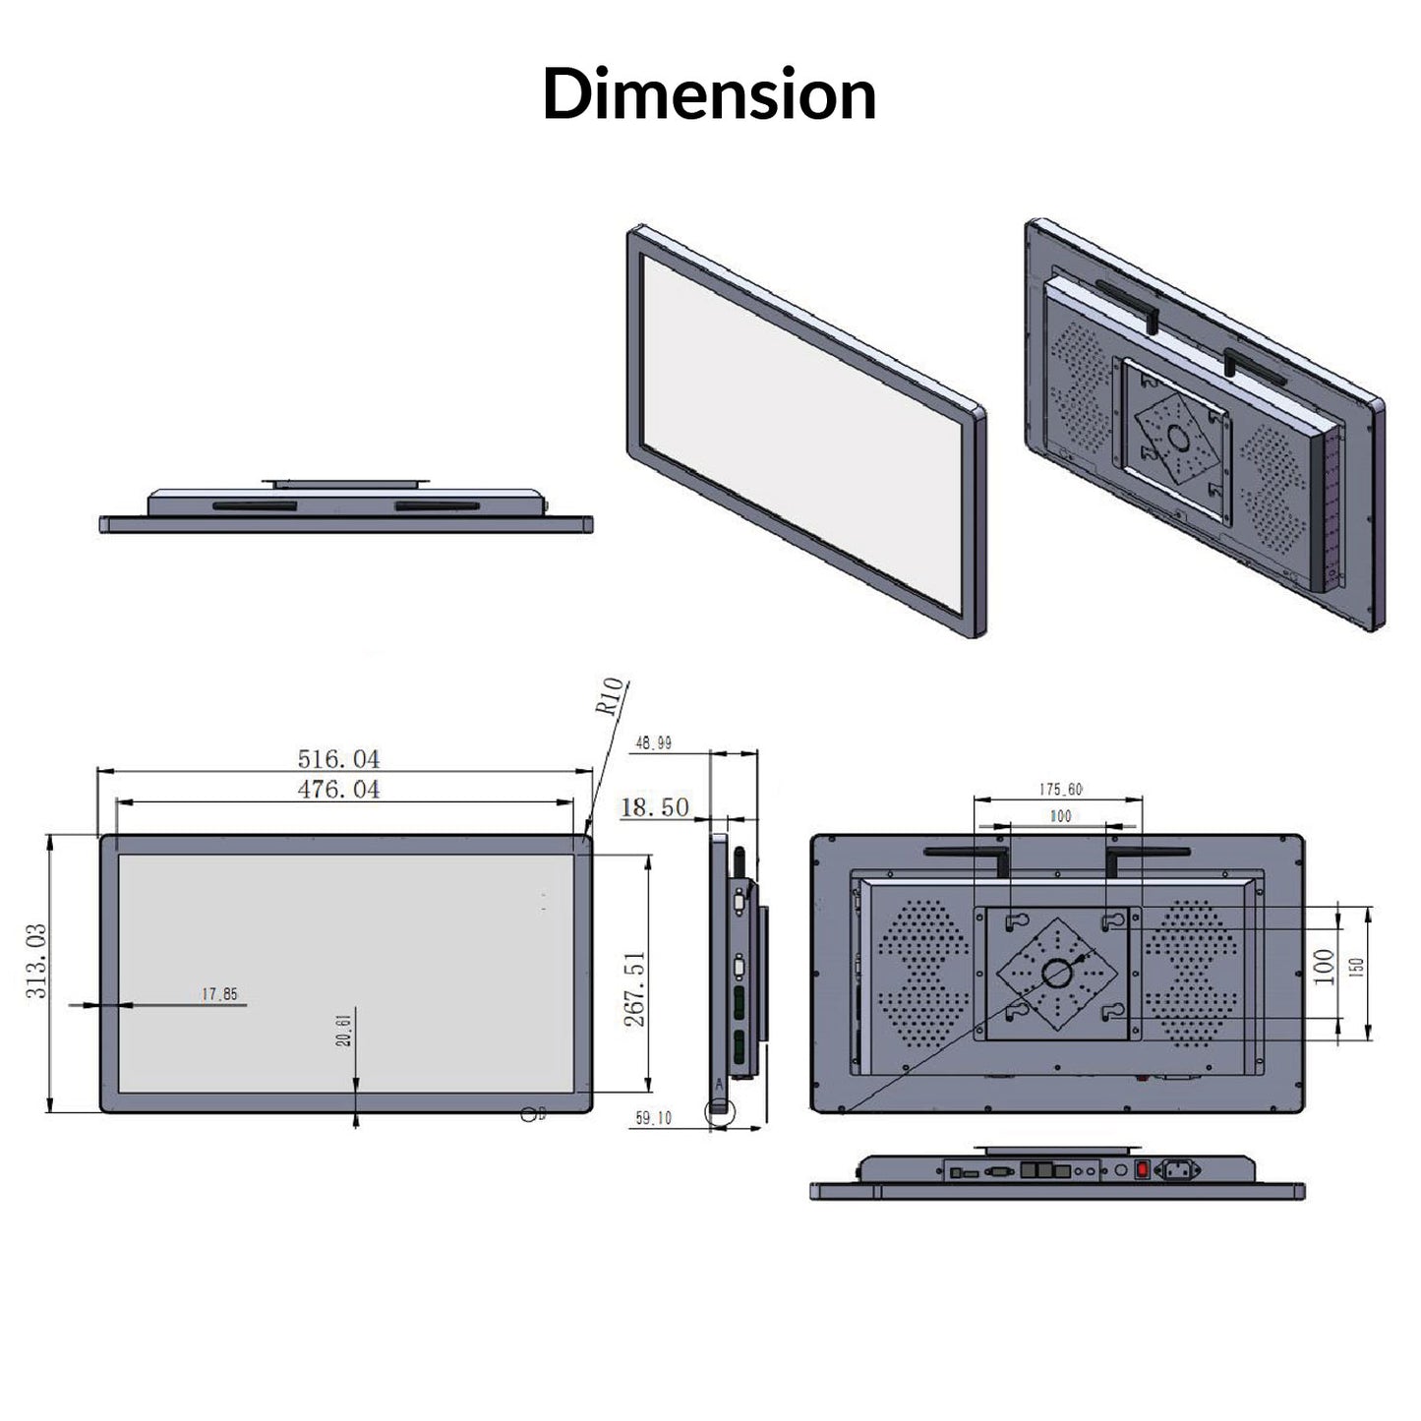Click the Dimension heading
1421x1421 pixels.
[x=709, y=94]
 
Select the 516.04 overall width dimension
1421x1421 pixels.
[x=338, y=759]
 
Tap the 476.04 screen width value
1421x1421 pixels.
[x=338, y=790]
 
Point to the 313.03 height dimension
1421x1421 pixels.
[x=36, y=975]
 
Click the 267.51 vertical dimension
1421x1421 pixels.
[x=635, y=988]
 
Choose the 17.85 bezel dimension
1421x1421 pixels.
[x=219, y=994]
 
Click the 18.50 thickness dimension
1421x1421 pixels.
[x=655, y=807]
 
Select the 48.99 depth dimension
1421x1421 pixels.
[x=653, y=743]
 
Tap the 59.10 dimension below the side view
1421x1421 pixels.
[x=653, y=1118]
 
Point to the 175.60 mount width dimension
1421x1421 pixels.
[x=1060, y=789]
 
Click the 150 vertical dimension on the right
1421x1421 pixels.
[x=1358, y=968]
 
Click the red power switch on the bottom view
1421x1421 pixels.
[x=1142, y=1170]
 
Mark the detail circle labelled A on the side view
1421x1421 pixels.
[x=720, y=1110]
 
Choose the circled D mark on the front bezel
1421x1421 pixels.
[x=530, y=1113]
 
